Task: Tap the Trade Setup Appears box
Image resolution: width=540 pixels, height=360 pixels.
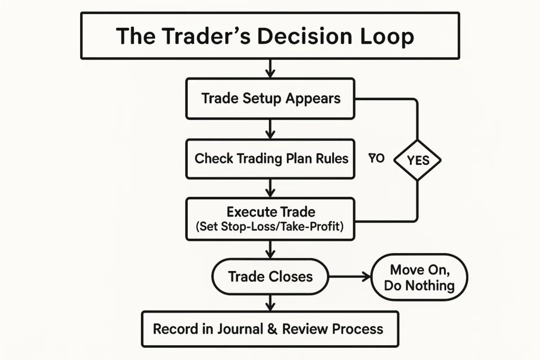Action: [x=270, y=99]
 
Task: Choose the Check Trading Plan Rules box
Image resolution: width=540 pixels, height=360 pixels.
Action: [x=270, y=159]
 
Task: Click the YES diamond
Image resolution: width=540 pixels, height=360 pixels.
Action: [x=418, y=160]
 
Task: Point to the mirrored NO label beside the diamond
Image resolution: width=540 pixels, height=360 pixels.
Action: [x=377, y=158]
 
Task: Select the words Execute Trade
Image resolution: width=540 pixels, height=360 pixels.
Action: [x=271, y=212]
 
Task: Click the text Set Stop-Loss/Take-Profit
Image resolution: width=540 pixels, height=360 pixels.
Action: [x=271, y=227]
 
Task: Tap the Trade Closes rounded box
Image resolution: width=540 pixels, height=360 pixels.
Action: [x=270, y=276]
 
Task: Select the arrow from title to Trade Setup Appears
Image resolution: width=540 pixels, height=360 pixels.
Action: [x=270, y=68]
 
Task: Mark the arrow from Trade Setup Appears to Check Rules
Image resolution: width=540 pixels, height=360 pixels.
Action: [x=270, y=129]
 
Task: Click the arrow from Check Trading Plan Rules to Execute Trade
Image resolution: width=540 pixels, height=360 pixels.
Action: [x=270, y=188]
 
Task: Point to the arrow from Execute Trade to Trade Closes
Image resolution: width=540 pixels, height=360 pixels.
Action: [x=270, y=249]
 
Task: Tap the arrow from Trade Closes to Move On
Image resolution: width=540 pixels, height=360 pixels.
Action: [x=350, y=277]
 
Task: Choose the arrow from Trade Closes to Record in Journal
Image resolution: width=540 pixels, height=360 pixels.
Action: [x=270, y=302]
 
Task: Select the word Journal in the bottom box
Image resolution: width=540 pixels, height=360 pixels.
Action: [x=240, y=329]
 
